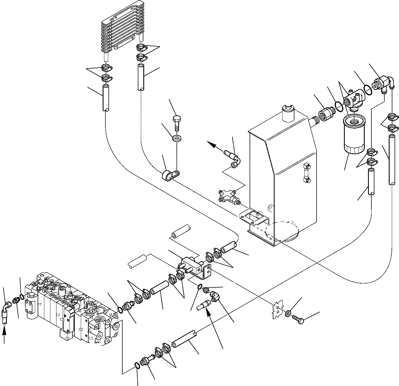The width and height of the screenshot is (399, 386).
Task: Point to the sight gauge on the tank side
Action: [306, 173]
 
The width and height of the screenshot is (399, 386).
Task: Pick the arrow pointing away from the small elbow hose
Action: [213, 145]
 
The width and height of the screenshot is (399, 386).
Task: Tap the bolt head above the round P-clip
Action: [177, 120]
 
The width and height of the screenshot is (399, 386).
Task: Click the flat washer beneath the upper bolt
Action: [177, 138]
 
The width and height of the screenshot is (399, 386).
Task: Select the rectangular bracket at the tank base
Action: [254, 215]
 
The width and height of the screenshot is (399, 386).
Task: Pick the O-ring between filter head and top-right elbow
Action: [367, 89]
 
